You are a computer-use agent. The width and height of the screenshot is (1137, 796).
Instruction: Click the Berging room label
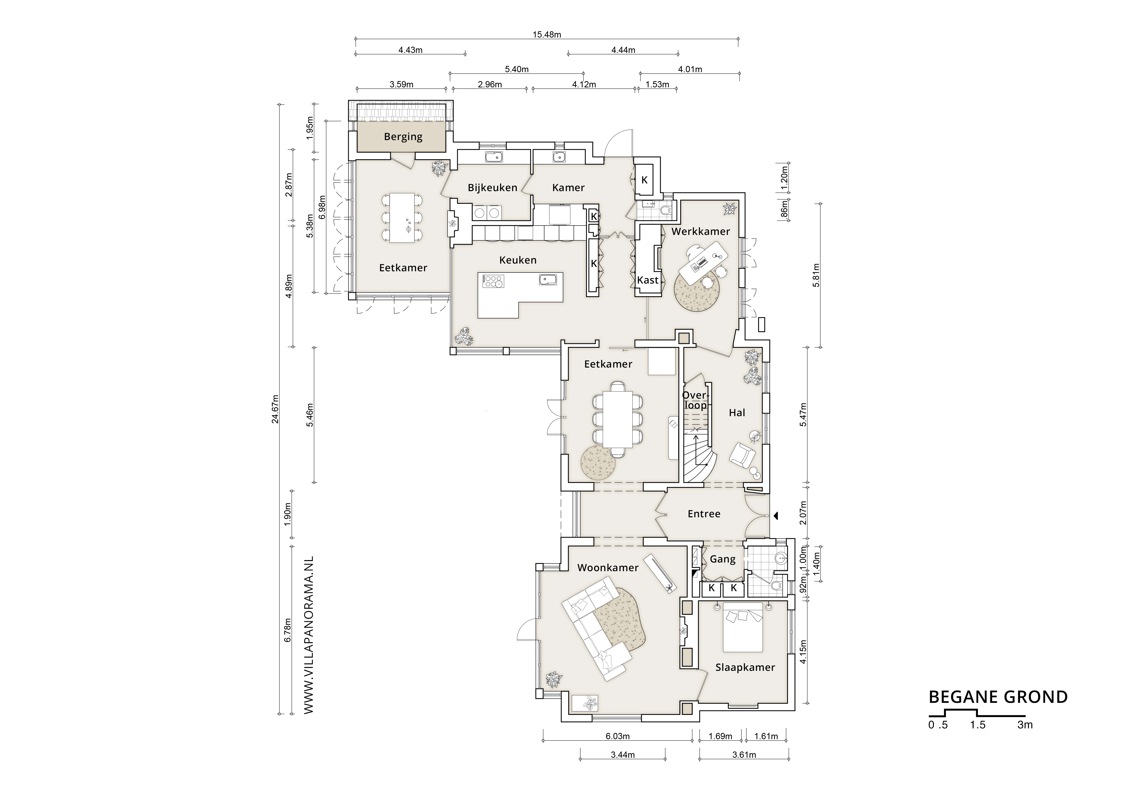tap(403, 137)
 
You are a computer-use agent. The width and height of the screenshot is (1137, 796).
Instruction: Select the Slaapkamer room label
tap(745, 667)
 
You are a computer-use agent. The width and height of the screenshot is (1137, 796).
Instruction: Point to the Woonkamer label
tap(608, 568)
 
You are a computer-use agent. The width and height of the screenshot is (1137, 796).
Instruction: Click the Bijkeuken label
tap(492, 188)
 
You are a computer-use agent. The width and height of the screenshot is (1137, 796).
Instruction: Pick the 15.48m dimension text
tap(547, 35)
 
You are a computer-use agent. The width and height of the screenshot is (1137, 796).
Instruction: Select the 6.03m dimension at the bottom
tap(618, 736)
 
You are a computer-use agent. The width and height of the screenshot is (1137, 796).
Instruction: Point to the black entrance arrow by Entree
tap(776, 516)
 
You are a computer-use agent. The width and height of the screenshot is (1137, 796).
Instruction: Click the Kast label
tap(647, 280)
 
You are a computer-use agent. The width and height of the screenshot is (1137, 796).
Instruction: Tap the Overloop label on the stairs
tap(695, 400)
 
